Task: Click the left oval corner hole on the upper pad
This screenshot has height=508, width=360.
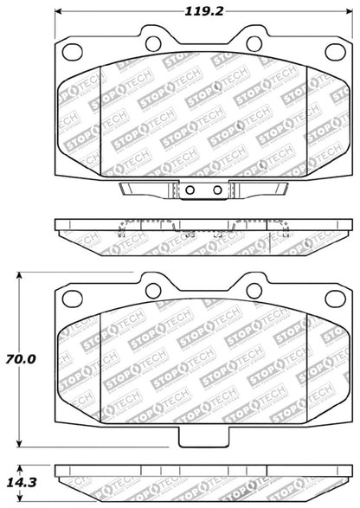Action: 67,49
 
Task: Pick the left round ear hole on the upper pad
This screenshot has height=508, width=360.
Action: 152,42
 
